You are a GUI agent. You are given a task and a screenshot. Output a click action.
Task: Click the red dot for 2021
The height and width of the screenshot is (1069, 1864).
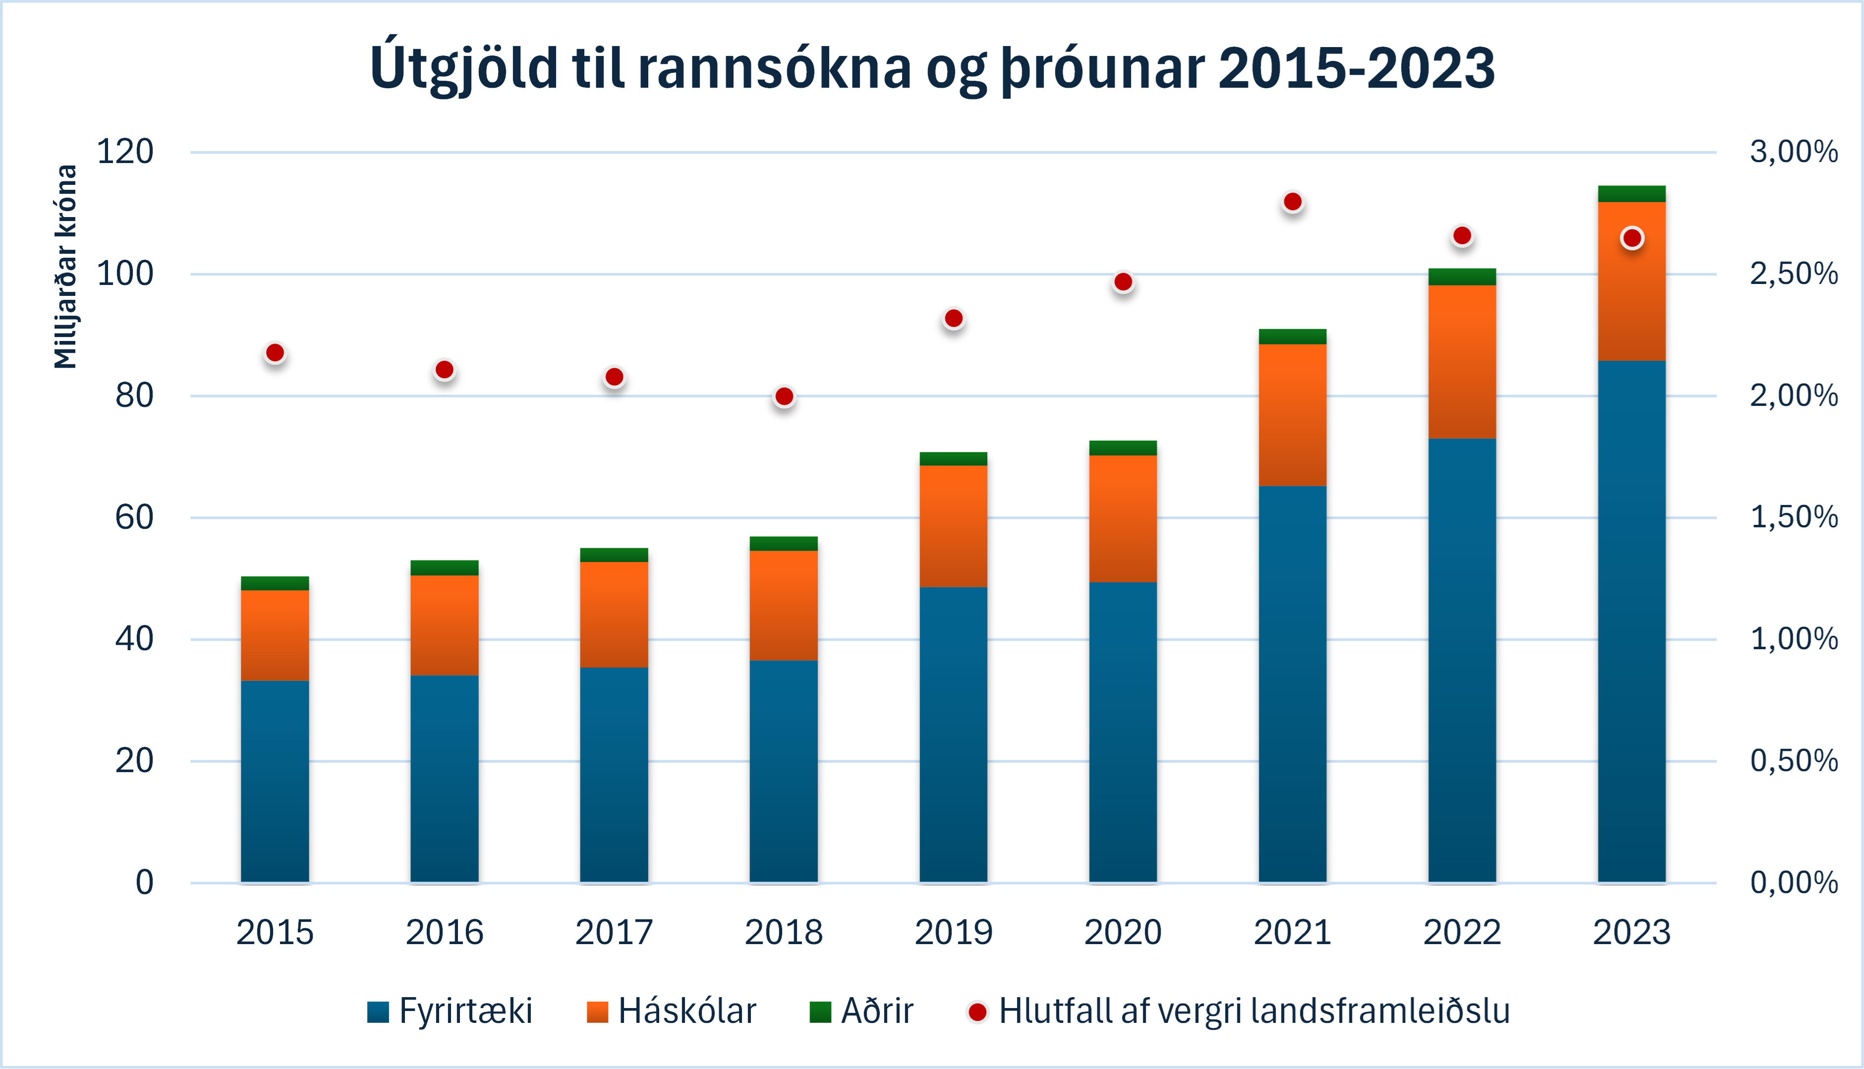click(1293, 202)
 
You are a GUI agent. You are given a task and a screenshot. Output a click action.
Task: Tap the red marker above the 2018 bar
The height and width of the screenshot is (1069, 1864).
click(784, 396)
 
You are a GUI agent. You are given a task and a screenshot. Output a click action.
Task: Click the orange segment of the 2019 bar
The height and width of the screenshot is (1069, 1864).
click(953, 526)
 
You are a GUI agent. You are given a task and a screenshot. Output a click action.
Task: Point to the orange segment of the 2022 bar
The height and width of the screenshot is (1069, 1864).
click(1462, 361)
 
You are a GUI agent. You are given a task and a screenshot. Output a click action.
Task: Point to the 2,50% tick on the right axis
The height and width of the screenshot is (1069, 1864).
click(1794, 274)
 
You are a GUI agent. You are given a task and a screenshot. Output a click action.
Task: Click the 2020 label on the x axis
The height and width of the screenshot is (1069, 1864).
click(1123, 932)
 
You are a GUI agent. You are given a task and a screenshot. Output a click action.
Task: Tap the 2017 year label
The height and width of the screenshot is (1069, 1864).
click(614, 932)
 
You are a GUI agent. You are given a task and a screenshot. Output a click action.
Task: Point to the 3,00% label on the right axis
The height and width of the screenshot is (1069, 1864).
click(1794, 152)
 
